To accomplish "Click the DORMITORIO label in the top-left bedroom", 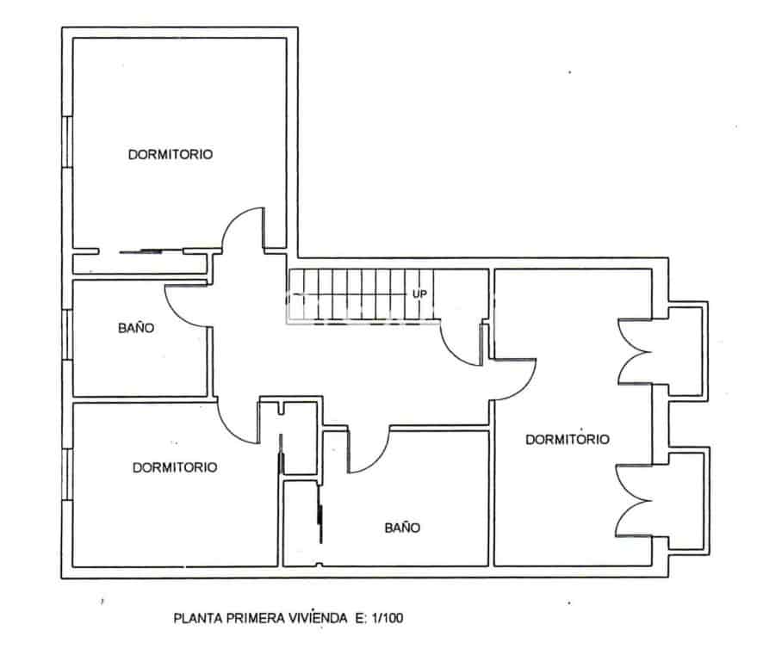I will pyautogui.click(x=171, y=155).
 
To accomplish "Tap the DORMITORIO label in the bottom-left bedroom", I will pyautogui.click(x=175, y=467).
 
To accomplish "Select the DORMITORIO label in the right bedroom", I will pyautogui.click(x=567, y=439).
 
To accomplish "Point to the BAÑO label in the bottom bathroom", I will pyautogui.click(x=402, y=528).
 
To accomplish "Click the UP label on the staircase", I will pyautogui.click(x=419, y=294).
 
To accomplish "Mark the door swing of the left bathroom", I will pyautogui.click(x=186, y=305).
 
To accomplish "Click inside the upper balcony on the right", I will pyautogui.click(x=687, y=349).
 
